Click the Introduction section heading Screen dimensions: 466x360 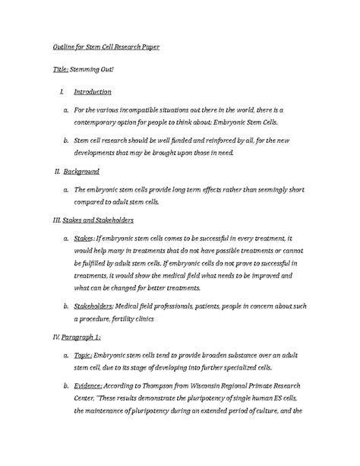coord(93,92)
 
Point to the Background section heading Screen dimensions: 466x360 coord(82,172)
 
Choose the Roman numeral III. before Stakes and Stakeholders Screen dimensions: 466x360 coord(43,220)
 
